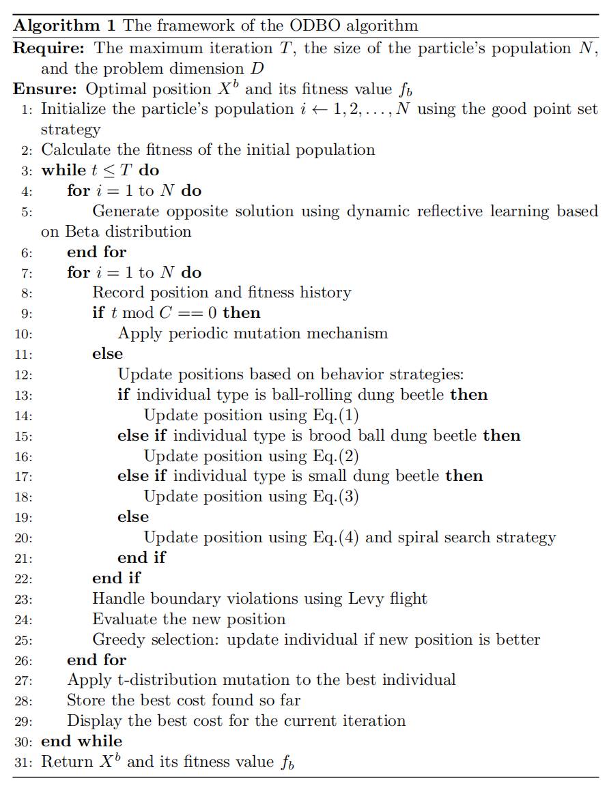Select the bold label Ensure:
tap(45, 89)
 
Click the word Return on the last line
tap(66, 762)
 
